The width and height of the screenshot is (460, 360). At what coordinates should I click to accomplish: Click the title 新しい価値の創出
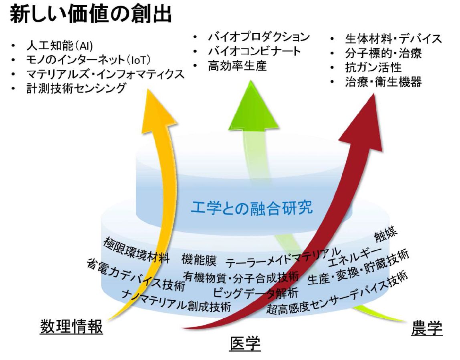point(91,14)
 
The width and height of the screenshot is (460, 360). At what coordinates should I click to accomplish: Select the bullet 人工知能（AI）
point(60,46)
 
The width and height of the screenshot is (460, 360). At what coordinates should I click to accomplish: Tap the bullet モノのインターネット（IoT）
point(88,60)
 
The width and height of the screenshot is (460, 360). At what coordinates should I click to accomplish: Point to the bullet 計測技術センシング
point(76,88)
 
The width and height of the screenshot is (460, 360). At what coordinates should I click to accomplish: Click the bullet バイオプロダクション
point(259,37)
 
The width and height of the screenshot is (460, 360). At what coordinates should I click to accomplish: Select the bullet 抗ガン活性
point(373,67)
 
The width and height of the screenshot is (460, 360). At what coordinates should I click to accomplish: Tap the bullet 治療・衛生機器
point(383,82)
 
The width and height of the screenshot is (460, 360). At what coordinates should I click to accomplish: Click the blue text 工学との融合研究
point(252,207)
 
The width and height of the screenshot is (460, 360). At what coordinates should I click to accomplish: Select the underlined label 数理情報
point(71,326)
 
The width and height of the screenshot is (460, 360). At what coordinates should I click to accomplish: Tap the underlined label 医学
point(245,344)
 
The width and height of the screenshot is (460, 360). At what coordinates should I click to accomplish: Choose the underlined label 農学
point(427,328)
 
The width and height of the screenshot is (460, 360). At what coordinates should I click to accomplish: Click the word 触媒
point(386,233)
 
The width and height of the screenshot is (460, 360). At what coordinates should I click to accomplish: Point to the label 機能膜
point(199,260)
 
